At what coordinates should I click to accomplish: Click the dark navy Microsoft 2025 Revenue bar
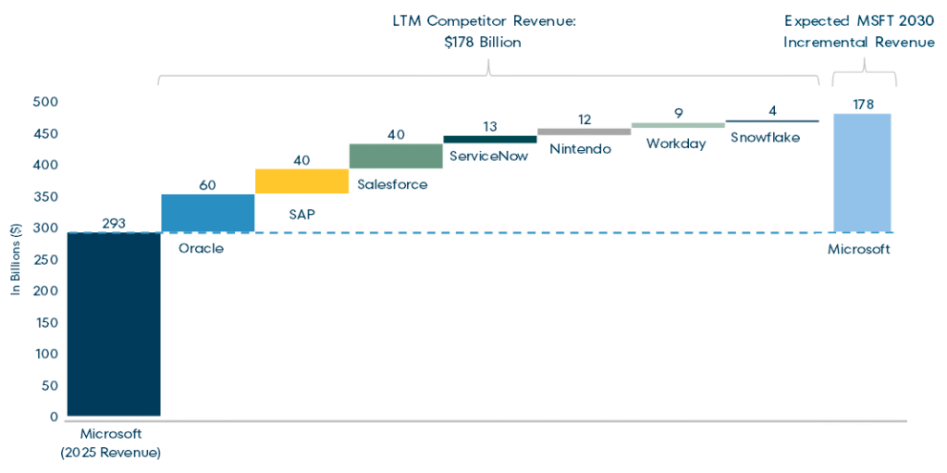tap(114, 324)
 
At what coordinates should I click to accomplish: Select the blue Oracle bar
tap(208, 213)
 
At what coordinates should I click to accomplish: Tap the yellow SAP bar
tap(301, 181)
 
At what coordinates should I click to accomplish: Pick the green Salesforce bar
tap(396, 156)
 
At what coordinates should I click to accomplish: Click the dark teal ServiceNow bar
tap(489, 139)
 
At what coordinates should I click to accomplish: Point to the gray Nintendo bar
tap(584, 131)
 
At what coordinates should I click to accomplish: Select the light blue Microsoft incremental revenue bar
tap(864, 172)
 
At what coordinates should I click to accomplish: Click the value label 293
tap(114, 223)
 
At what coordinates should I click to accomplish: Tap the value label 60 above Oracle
tap(208, 185)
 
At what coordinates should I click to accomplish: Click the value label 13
tap(489, 126)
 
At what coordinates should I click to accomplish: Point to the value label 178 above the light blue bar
tap(864, 104)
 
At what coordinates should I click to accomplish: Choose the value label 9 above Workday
tap(678, 113)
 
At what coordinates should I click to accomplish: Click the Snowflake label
tap(765, 138)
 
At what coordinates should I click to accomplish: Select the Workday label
tap(676, 143)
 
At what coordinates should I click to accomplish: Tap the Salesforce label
tap(392, 184)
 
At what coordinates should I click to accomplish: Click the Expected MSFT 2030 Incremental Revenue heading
tap(859, 32)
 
